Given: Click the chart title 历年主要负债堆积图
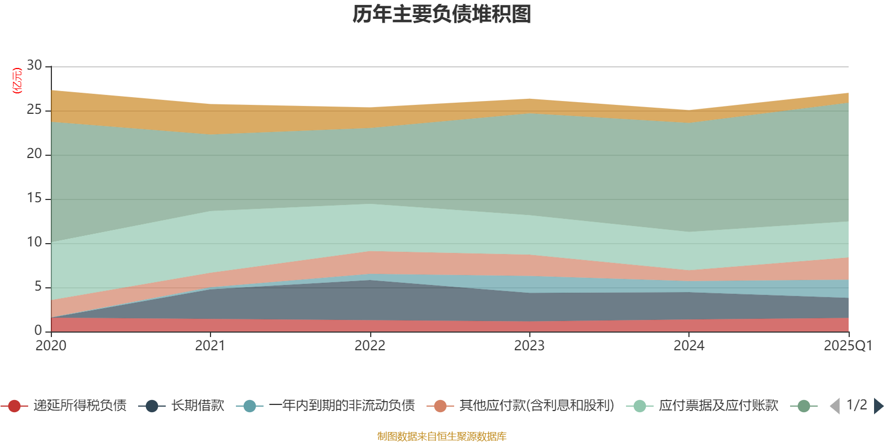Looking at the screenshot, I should click(x=442, y=15).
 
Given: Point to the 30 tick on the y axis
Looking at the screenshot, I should click(x=34, y=66).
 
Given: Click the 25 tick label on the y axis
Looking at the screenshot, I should click(x=34, y=110).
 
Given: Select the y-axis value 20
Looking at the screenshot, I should click(x=34, y=154).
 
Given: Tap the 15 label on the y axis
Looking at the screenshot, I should click(x=34, y=198).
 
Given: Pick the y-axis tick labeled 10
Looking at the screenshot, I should click(x=34, y=243).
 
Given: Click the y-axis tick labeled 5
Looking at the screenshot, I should click(x=38, y=287).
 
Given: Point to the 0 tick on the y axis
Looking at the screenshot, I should click(x=38, y=331).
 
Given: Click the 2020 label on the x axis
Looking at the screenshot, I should click(x=51, y=346).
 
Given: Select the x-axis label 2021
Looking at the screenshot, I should click(x=210, y=346).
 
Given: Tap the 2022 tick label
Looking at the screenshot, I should click(x=370, y=346).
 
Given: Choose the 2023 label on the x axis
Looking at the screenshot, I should click(x=529, y=346).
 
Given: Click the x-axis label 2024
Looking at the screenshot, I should click(x=688, y=346).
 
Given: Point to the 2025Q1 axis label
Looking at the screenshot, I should click(x=848, y=346).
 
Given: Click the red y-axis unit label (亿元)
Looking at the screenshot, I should click(x=17, y=81).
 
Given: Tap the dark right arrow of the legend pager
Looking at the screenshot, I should click(x=878, y=406).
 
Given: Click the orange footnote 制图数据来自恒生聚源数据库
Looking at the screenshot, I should click(x=442, y=436).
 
